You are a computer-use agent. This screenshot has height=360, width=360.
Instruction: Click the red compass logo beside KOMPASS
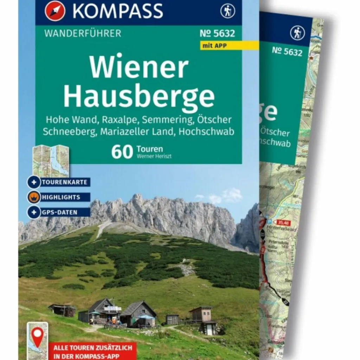click(x=55, y=11)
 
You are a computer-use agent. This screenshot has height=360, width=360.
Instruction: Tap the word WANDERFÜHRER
click(x=83, y=34)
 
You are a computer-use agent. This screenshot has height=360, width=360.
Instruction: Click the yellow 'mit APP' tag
click(x=214, y=45)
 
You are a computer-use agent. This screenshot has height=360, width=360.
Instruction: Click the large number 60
click(x=122, y=152)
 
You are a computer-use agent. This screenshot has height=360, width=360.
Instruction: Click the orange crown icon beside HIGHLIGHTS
click(x=34, y=197)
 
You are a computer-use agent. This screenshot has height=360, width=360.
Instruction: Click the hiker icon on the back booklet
click(x=297, y=33)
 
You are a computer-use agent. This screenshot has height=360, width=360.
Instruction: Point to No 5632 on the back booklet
click(x=287, y=52)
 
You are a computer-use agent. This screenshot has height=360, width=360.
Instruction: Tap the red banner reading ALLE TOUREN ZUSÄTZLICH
click(x=93, y=351)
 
